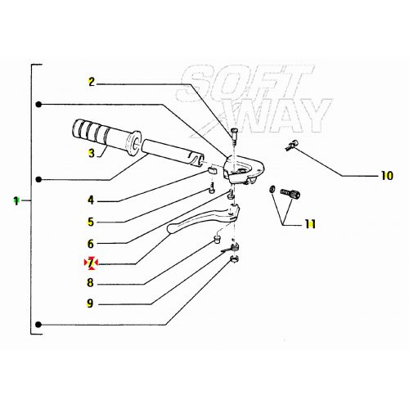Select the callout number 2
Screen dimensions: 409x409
92,82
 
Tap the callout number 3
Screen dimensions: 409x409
92,152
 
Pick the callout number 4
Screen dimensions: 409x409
92,200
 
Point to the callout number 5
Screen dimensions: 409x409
92,221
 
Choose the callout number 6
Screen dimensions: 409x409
92,243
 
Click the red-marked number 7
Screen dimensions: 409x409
92,263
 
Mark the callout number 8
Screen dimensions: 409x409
92,283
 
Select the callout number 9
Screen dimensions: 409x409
92,303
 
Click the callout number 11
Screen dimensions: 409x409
311,223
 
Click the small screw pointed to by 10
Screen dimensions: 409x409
291,146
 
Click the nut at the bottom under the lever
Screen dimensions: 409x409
234,260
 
